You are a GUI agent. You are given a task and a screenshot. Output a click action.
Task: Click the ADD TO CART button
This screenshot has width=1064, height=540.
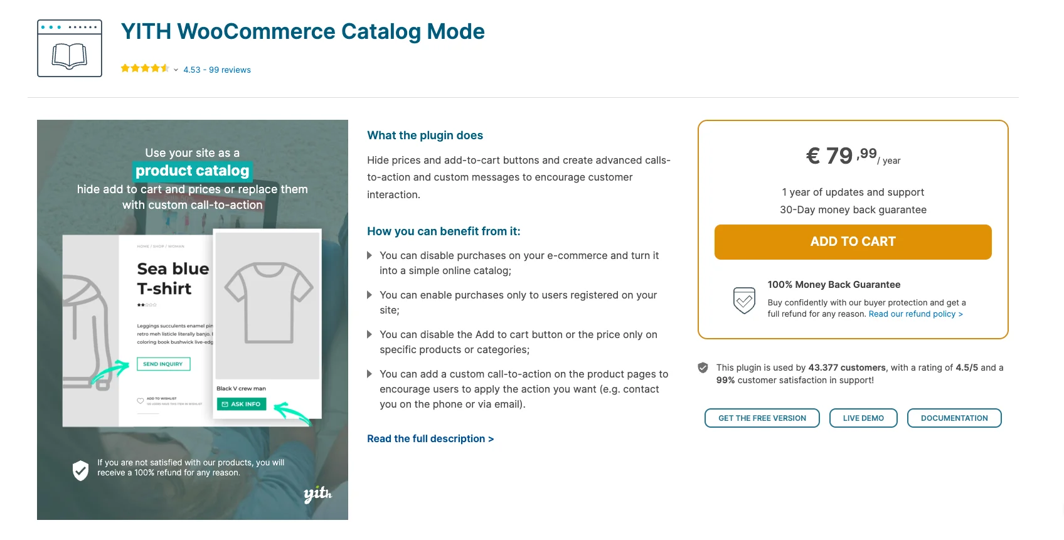(x=853, y=242)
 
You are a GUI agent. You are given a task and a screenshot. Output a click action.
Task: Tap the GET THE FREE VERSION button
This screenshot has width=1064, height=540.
(x=762, y=418)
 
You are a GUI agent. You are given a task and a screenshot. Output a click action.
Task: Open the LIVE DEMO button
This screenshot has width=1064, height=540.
(x=863, y=418)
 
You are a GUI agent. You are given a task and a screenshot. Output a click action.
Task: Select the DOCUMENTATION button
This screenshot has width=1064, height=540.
(x=954, y=418)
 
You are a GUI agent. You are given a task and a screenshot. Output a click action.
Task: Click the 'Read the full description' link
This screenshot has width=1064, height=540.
(x=430, y=439)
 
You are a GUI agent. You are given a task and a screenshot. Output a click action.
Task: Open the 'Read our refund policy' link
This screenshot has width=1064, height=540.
(x=915, y=314)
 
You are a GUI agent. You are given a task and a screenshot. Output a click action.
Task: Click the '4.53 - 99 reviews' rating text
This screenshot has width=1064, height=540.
(x=217, y=70)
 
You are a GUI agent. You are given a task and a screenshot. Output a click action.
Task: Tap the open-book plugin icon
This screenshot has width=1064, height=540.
(x=70, y=49)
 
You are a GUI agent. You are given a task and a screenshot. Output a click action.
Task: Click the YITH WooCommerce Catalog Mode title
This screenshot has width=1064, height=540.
(x=302, y=31)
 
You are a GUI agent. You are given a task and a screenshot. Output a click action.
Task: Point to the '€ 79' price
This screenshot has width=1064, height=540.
(x=829, y=156)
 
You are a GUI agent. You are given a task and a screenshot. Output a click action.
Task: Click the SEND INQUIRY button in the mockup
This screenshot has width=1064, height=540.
(x=163, y=364)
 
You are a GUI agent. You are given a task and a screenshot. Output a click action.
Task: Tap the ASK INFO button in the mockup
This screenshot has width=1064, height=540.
(x=242, y=405)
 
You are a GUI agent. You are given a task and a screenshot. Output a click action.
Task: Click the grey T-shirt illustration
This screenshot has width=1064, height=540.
(x=268, y=302)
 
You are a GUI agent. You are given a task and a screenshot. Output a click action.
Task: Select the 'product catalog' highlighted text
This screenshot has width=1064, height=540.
(x=193, y=171)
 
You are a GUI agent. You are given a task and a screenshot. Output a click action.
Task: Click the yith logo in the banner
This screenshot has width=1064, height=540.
(x=317, y=494)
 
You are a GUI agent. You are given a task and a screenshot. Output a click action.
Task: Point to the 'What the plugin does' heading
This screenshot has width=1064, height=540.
(x=425, y=135)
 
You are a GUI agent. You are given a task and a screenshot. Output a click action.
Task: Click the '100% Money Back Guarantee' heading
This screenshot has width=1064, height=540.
(x=834, y=285)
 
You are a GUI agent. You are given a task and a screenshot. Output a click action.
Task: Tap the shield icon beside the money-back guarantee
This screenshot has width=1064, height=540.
(x=744, y=300)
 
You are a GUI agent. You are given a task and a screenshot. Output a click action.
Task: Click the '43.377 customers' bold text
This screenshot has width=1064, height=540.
(x=847, y=368)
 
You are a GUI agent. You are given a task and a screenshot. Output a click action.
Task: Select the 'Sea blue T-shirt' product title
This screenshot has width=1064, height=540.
(x=173, y=278)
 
